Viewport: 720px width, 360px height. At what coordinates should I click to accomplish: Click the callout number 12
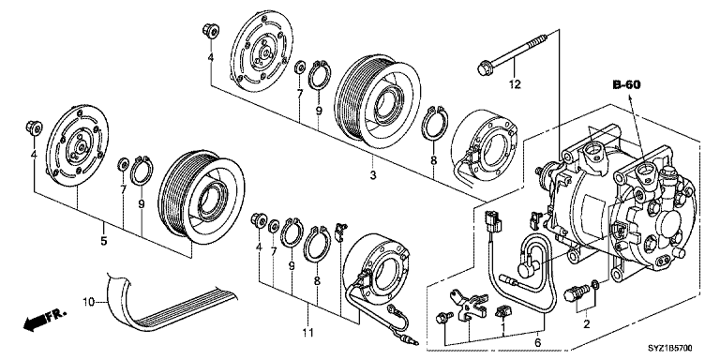coord(513,86)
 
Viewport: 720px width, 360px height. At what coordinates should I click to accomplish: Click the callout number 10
coord(89,302)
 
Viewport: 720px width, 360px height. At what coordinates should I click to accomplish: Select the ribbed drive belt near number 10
coord(169,305)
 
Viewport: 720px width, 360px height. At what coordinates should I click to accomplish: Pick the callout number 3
coord(373,175)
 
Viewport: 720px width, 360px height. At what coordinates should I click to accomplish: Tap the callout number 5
coord(103,241)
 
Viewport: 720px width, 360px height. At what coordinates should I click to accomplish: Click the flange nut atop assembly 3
coord(210,32)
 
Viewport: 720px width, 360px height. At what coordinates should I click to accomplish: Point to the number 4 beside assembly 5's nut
coord(34,153)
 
